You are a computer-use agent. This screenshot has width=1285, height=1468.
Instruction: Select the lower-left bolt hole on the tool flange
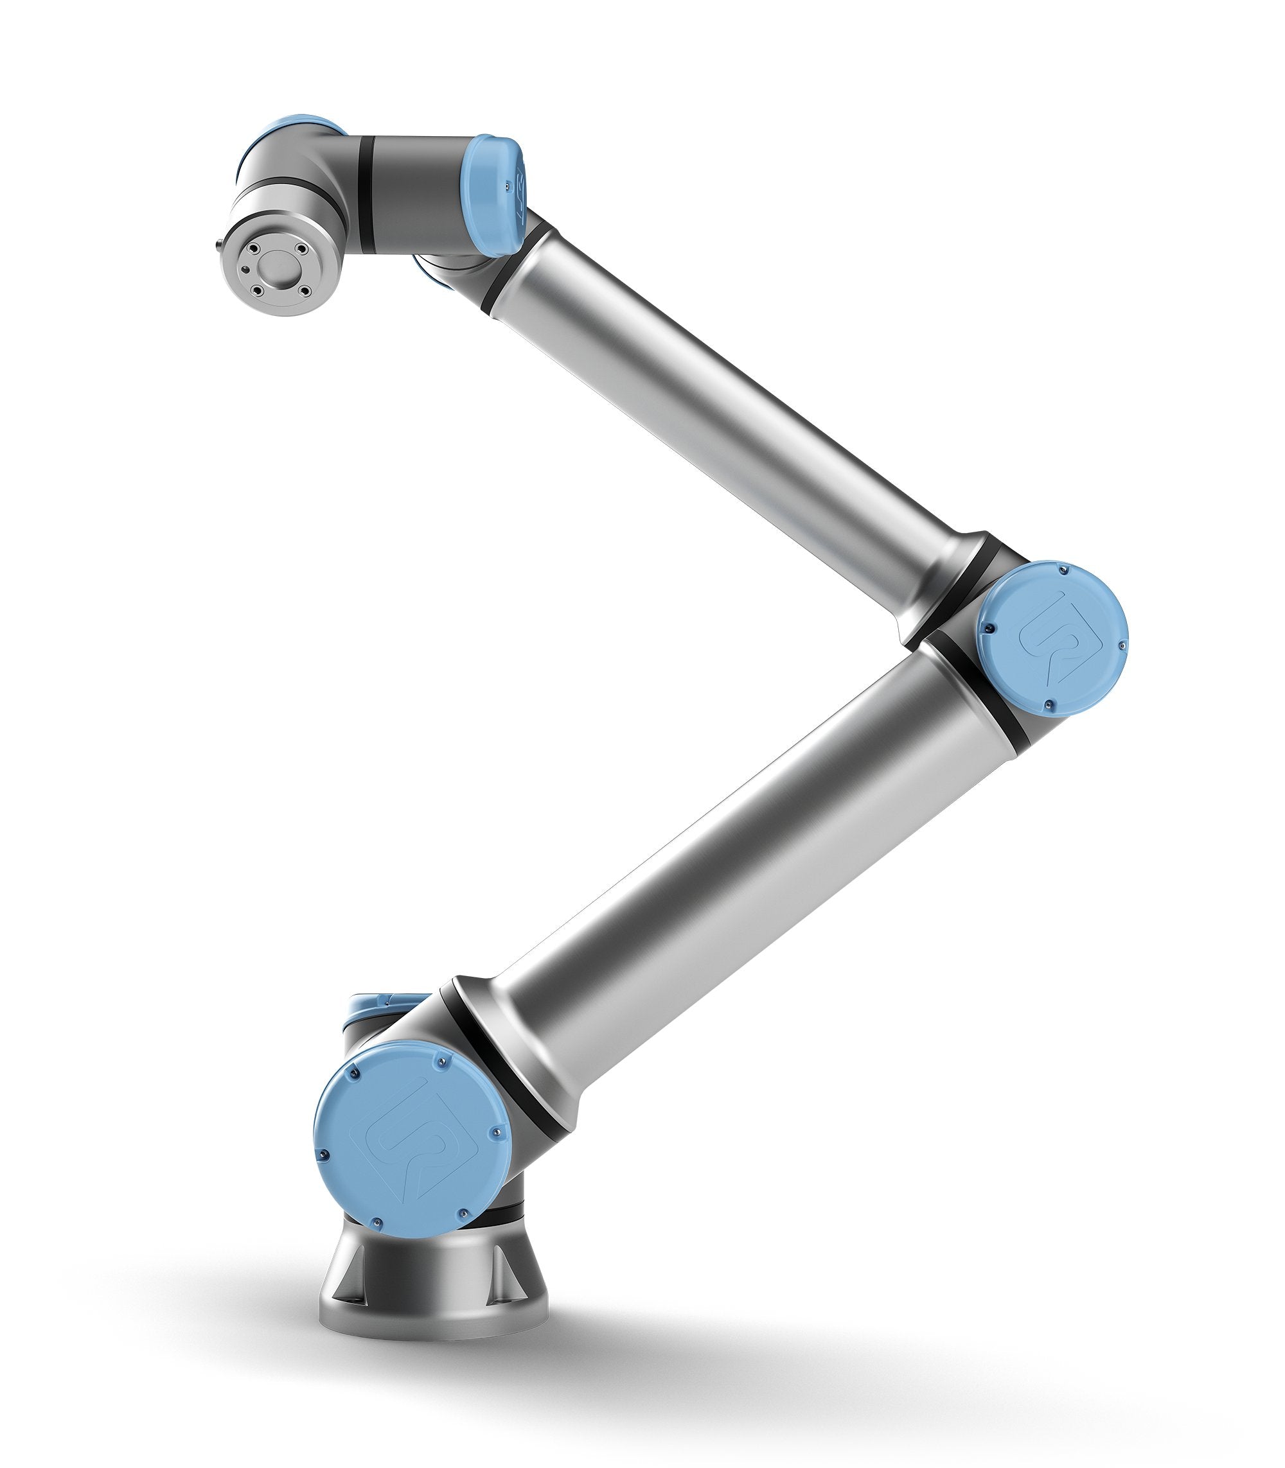click(255, 290)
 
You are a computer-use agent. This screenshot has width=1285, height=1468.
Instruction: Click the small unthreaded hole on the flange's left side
click(246, 270)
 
